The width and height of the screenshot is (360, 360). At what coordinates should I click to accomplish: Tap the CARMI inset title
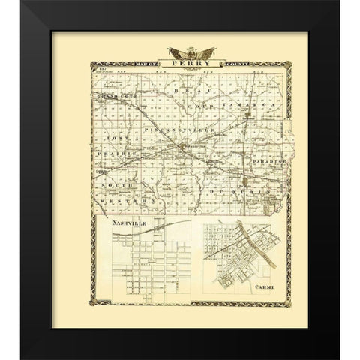[264, 286]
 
